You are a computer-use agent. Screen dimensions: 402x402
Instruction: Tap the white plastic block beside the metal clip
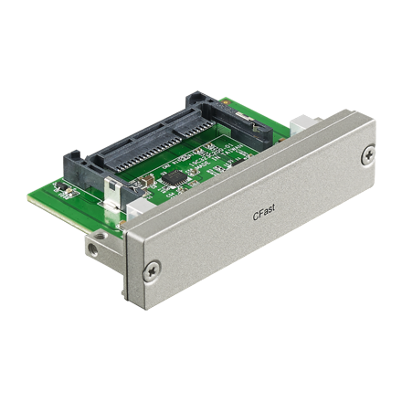(136, 210)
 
